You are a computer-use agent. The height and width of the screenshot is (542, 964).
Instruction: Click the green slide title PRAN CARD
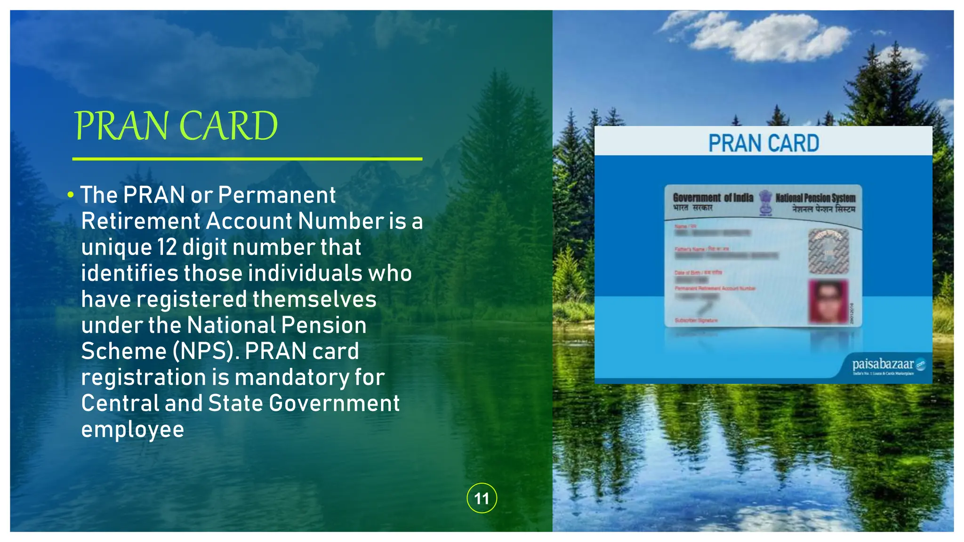pyautogui.click(x=176, y=126)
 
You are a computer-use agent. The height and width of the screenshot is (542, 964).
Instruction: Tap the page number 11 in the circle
pyautogui.click(x=482, y=498)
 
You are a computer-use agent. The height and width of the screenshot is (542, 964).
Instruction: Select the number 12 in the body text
pyautogui.click(x=167, y=247)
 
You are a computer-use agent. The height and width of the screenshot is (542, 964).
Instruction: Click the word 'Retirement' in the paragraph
pyautogui.click(x=141, y=221)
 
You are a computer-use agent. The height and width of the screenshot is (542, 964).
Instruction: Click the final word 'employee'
pyautogui.click(x=132, y=430)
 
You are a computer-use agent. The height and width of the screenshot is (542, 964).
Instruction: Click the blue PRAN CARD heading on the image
pyautogui.click(x=763, y=143)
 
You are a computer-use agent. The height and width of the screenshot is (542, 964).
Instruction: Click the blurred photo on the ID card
pyautogui.click(x=828, y=301)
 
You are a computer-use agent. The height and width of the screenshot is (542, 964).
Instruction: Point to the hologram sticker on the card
pyautogui.click(x=828, y=251)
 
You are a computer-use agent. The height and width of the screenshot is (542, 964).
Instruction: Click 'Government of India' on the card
pyautogui.click(x=713, y=198)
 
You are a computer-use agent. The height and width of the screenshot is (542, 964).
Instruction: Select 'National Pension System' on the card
pyautogui.click(x=815, y=198)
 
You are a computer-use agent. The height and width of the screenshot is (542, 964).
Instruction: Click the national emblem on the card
pyautogui.click(x=765, y=203)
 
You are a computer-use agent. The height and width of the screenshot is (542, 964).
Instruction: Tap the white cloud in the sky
pyautogui.click(x=772, y=38)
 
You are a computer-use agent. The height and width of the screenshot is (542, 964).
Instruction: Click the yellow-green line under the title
pyautogui.click(x=247, y=159)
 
